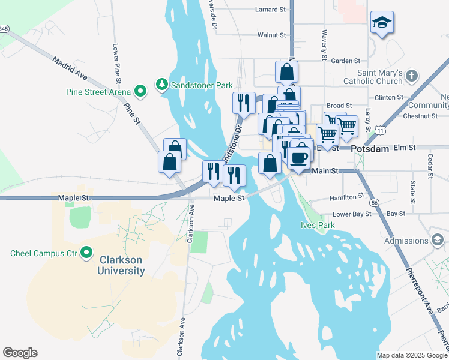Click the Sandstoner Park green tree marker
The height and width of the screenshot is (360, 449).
pos(161,85)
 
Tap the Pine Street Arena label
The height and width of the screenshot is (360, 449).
pos(98,92)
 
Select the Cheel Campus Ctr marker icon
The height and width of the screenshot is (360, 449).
pos(86,253)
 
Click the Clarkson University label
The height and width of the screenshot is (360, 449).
pos(122,265)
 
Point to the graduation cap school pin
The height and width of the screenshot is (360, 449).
pos(382,23)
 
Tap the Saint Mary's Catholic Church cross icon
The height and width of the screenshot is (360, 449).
pos(411,76)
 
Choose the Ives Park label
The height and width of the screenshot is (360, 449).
pos(317,225)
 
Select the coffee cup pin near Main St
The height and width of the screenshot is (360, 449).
pos(299,158)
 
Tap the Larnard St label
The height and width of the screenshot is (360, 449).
pos(270,10)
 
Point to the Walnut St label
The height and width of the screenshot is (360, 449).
pos(271,35)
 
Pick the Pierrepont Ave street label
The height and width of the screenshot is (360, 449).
pos(420,288)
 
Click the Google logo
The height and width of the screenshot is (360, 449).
pos(20,353)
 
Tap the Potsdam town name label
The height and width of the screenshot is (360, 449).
pos(370,148)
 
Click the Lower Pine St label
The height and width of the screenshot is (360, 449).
pos(117,62)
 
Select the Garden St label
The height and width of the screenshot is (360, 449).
pos(345,61)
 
